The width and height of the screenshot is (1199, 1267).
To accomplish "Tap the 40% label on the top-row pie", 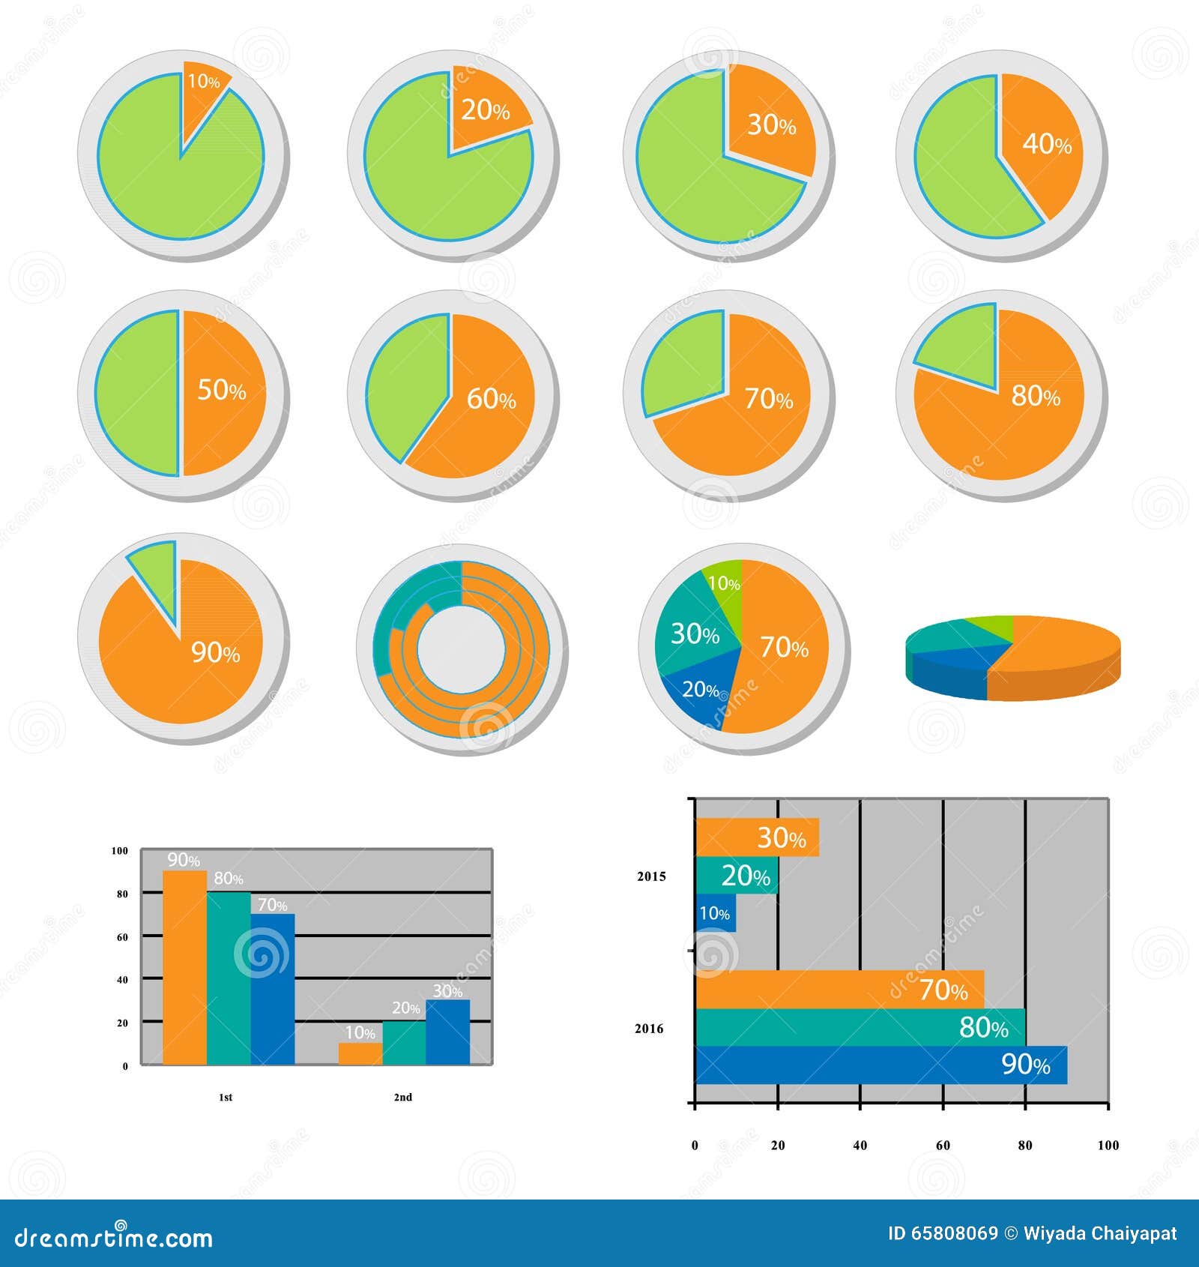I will click(x=1046, y=143).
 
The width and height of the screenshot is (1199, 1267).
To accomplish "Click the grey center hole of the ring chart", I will click(x=460, y=649).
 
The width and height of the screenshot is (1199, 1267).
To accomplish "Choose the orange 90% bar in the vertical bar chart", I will click(x=184, y=967).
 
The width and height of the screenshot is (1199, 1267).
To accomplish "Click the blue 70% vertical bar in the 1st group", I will click(x=273, y=990).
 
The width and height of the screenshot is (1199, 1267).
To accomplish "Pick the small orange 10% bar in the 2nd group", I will click(x=360, y=1053).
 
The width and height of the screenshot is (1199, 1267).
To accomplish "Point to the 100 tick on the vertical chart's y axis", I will click(x=120, y=851).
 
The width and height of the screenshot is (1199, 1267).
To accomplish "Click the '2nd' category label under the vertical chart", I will click(x=403, y=1097).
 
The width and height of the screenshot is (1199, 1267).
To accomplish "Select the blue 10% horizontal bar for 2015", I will click(x=715, y=913).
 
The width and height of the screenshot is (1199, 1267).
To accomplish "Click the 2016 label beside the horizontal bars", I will click(x=649, y=1029).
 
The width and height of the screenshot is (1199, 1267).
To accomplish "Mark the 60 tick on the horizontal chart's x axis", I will click(x=943, y=1145).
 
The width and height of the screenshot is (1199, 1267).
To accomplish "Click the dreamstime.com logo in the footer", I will click(x=114, y=1237).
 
